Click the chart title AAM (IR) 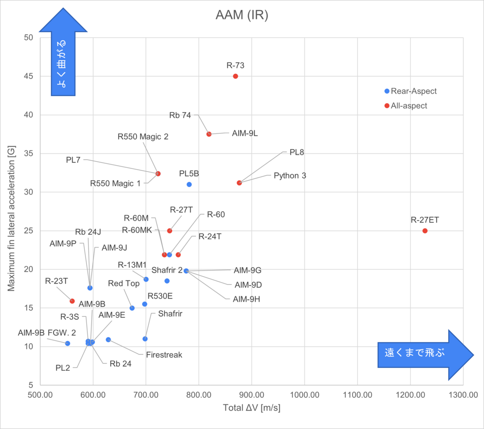coord(242,16)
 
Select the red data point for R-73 coord(235,76)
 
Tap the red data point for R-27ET coord(425,231)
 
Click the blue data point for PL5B coord(189,184)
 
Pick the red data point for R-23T coord(72,301)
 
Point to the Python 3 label coord(290,175)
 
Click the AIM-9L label coord(245,133)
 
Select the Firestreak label coord(164,355)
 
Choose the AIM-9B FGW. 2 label coord(41,333)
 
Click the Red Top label coord(124,284)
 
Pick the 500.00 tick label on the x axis coord(41,394)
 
